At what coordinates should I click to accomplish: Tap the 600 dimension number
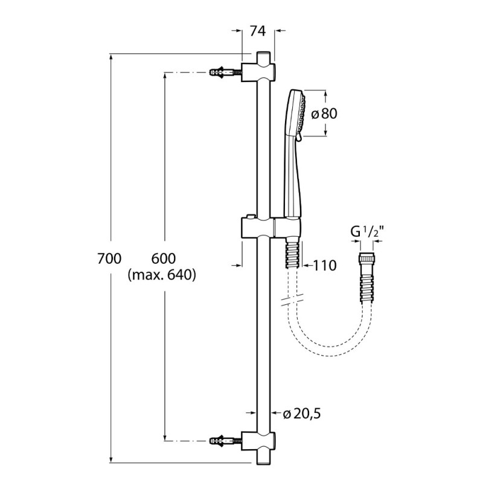(x=163, y=259)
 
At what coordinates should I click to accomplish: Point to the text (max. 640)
(x=163, y=275)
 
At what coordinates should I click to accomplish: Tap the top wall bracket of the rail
(x=260, y=72)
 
